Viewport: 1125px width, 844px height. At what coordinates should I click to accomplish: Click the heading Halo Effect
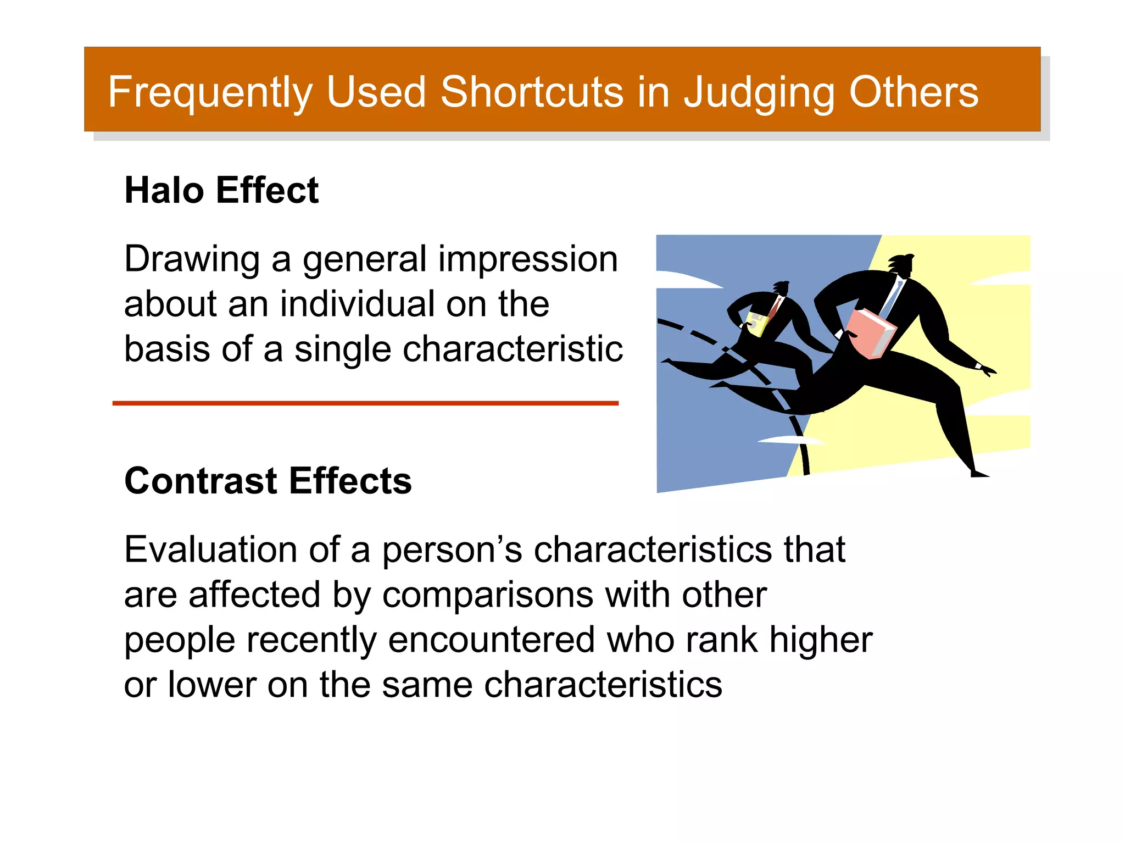(221, 190)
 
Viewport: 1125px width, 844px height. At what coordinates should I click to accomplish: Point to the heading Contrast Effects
(268, 480)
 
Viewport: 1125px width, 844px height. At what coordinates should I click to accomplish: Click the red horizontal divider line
(365, 403)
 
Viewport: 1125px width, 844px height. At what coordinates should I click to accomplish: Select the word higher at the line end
(820, 640)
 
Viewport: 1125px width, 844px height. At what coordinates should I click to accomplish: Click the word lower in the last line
(212, 685)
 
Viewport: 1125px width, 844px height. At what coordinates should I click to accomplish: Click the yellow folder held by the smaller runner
(756, 324)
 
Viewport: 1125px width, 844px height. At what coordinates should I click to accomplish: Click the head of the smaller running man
(781, 288)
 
